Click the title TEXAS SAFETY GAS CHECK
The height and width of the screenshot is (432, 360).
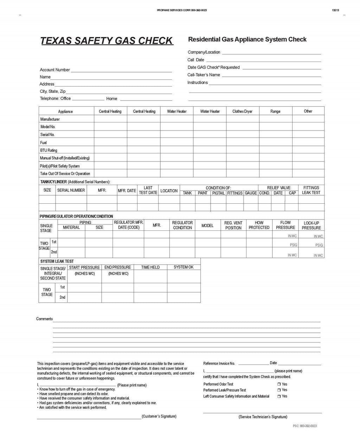coord(107,41)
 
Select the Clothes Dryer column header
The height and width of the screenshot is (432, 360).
coord(242,112)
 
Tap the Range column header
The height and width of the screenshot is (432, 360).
coord(275,112)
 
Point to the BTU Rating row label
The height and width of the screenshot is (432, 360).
coord(49,151)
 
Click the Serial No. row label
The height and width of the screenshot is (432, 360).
coord(47,135)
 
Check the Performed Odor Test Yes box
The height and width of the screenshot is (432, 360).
coord(279,385)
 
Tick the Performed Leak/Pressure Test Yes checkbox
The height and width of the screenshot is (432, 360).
coord(279,390)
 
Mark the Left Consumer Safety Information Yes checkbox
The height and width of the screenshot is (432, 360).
coord(279,396)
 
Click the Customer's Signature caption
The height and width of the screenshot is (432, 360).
coord(159,417)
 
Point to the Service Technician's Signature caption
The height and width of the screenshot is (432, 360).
coord(263,417)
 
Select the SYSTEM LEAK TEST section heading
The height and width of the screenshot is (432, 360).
coord(57,261)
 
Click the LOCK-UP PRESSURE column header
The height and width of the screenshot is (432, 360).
coord(311,225)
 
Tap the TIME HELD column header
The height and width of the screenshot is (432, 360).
coord(150,267)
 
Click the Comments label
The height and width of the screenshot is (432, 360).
coord(44,319)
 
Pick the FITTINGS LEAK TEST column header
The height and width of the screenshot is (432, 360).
coord(311,190)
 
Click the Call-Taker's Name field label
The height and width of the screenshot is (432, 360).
coord(204,75)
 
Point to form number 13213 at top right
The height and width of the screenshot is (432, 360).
coord(335,11)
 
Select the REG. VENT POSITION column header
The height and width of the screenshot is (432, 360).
coord(233,225)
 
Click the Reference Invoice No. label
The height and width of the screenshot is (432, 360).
coord(219,363)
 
